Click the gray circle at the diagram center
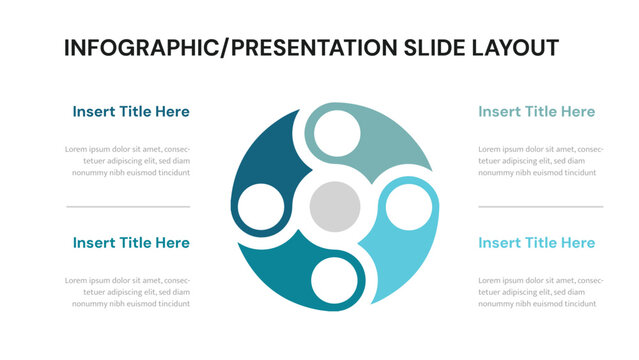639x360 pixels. (x=334, y=207)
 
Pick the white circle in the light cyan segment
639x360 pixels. (x=406, y=208)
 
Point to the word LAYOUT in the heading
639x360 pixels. (x=517, y=48)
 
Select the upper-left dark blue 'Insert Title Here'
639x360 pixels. (x=131, y=112)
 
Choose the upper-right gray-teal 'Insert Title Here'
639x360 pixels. (x=536, y=112)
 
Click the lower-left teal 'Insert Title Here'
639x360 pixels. (x=131, y=243)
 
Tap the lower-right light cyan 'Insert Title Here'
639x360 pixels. (x=536, y=243)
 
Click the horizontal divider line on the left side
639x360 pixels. (x=128, y=207)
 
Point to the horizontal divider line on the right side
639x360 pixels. (x=540, y=207)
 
